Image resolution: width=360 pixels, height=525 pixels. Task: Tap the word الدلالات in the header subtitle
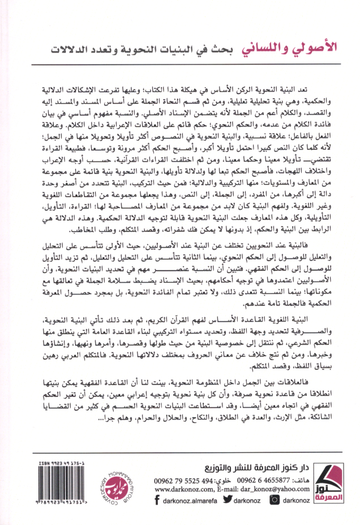68,49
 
